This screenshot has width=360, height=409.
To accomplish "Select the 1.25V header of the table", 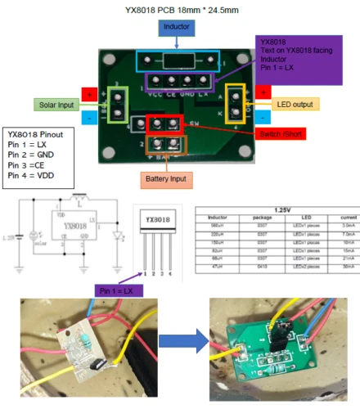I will (x=277, y=209).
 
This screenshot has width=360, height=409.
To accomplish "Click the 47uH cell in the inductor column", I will (x=218, y=266).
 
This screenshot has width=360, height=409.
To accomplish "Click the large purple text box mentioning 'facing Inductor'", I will (x=298, y=57).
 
